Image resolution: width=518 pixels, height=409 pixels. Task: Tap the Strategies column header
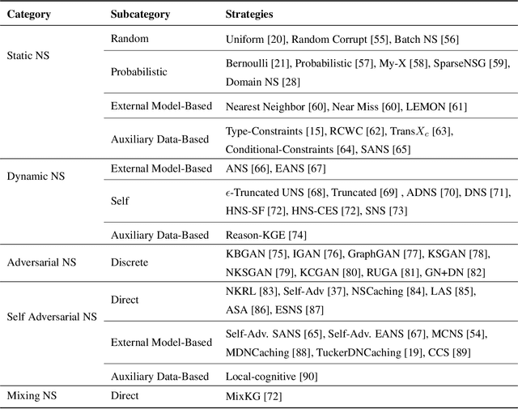click(250, 15)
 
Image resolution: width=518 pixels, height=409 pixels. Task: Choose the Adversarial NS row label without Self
click(42, 262)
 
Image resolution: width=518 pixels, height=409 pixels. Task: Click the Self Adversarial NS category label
click(52, 317)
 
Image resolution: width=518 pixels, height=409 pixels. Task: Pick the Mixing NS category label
click(34, 396)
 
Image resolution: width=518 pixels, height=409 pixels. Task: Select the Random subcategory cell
click(129, 39)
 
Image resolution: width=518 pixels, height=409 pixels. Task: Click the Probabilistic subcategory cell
click(139, 71)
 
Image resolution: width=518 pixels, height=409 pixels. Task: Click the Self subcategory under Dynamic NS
click(119, 200)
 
